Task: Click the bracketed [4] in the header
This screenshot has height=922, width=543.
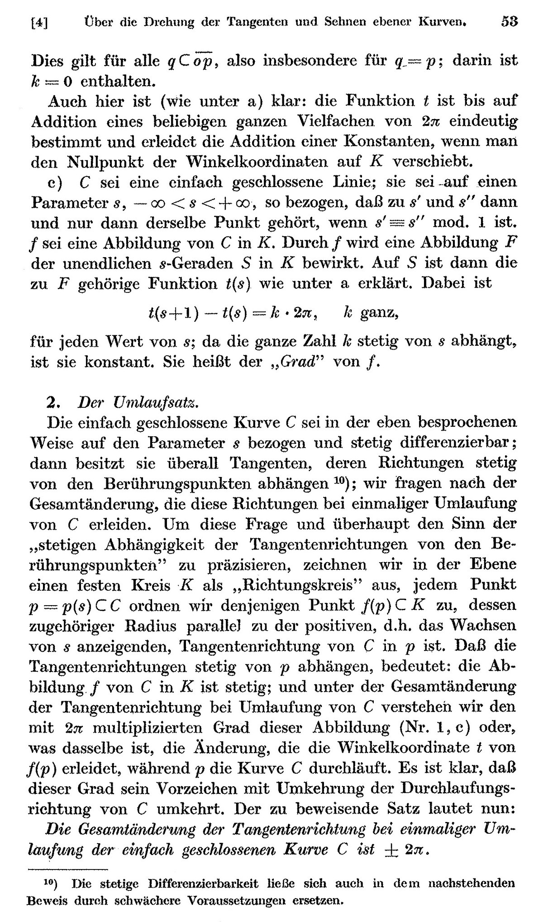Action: (x=38, y=22)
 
